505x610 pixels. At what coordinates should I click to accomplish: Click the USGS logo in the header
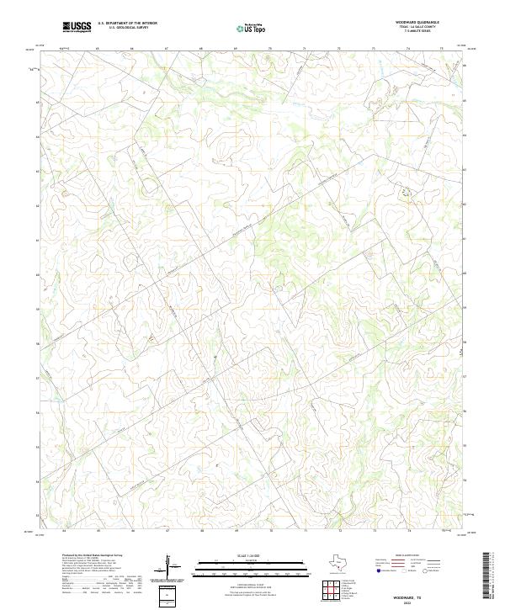click(x=77, y=27)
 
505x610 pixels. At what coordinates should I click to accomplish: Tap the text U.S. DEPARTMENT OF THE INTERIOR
click(x=127, y=24)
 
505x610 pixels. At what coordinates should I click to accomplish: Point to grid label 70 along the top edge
click(x=270, y=49)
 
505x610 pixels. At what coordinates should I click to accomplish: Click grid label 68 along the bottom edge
click(x=202, y=531)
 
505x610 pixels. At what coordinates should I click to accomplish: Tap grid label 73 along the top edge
click(x=374, y=49)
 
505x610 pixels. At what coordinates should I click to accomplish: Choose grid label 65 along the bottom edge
click(x=98, y=531)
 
